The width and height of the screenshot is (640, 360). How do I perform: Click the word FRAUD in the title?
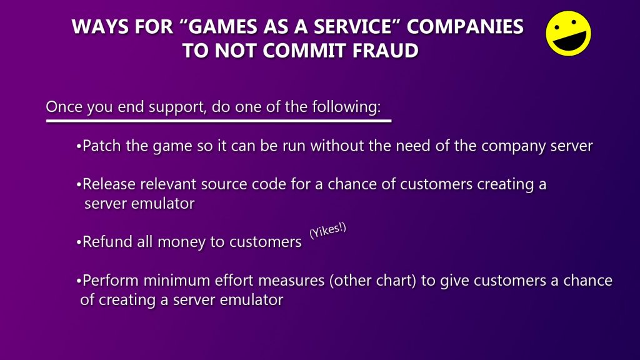coord(385,51)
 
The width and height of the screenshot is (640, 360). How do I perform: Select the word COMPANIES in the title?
coord(465,26)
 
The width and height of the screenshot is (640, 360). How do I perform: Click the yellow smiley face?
coord(568,34)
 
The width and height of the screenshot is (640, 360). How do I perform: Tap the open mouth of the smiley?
coord(570,41)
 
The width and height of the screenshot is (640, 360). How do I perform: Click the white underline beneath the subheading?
coord(219,121)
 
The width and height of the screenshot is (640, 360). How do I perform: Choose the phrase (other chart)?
coord(372,281)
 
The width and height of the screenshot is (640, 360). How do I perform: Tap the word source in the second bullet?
coord(224,184)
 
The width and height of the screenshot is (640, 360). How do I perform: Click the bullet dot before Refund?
coord(79,242)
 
